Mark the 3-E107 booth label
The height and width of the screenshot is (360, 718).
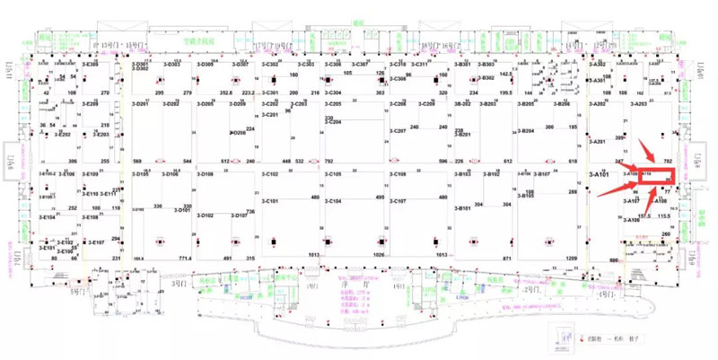tap(94, 242)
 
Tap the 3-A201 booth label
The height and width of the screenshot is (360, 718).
tap(597, 141)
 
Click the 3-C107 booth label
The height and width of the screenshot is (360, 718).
tap(398, 201)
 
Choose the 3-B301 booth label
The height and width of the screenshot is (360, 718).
tap(462, 65)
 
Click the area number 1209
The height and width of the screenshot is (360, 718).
tap(570, 259)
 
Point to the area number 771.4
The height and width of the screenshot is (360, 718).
tap(185, 259)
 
